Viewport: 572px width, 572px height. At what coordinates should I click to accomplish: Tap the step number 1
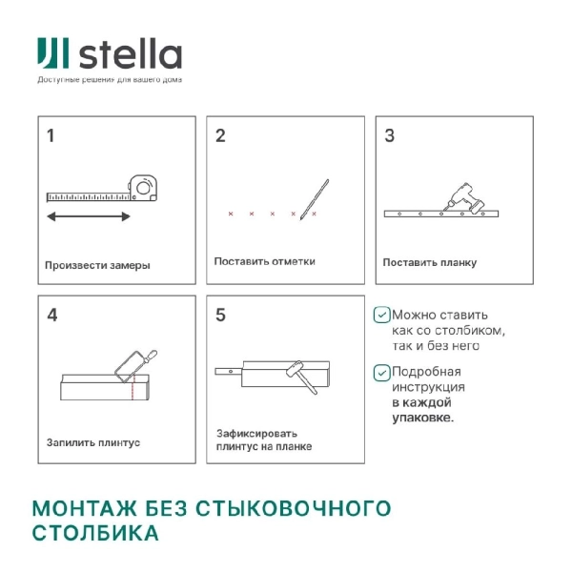pyautogui.click(x=51, y=135)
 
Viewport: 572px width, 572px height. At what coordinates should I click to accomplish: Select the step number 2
pyautogui.click(x=220, y=135)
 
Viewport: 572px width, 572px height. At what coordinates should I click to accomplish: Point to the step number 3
pyautogui.click(x=389, y=135)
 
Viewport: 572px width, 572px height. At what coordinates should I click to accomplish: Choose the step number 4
pyautogui.click(x=51, y=314)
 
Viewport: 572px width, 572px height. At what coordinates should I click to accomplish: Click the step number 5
pyautogui.click(x=220, y=314)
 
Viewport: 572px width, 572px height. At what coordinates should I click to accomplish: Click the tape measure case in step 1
pyautogui.click(x=143, y=187)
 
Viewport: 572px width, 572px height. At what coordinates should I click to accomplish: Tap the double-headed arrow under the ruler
pyautogui.click(x=89, y=217)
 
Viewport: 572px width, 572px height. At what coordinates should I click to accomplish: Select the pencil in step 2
pyautogui.click(x=314, y=198)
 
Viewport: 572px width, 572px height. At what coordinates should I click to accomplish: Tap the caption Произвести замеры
pyautogui.click(x=97, y=265)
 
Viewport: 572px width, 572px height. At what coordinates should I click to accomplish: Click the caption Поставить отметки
pyautogui.click(x=264, y=261)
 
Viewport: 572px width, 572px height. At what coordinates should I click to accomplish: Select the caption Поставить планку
pyautogui.click(x=430, y=262)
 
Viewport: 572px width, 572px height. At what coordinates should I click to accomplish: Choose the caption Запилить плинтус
pyautogui.click(x=93, y=442)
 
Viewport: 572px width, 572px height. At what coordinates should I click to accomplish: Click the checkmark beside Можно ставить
pyautogui.click(x=381, y=315)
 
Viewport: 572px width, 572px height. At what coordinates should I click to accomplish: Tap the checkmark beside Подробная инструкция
pyautogui.click(x=381, y=373)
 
